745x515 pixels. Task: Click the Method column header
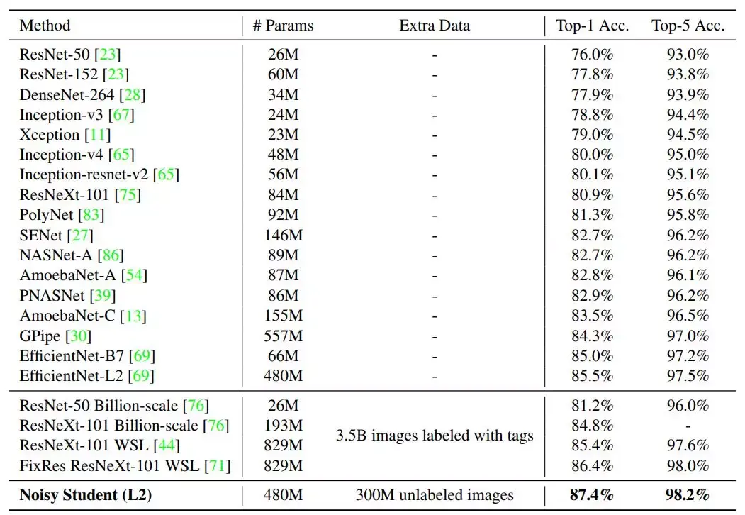(x=45, y=26)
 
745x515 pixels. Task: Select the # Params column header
(x=283, y=26)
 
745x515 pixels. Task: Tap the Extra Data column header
(x=435, y=26)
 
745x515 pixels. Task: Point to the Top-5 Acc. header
(x=688, y=26)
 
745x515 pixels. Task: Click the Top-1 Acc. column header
(x=592, y=26)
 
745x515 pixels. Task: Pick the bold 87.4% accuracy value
(x=592, y=495)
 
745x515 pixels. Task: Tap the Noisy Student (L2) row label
(x=86, y=495)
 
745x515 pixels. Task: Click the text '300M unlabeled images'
(x=434, y=495)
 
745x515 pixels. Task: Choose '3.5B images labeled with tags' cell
(x=434, y=436)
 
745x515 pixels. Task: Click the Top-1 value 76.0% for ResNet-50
(x=592, y=54)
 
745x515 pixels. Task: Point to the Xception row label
(x=49, y=134)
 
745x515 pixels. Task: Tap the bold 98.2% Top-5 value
(x=688, y=495)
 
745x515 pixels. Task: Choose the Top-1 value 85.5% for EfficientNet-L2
(x=592, y=375)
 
